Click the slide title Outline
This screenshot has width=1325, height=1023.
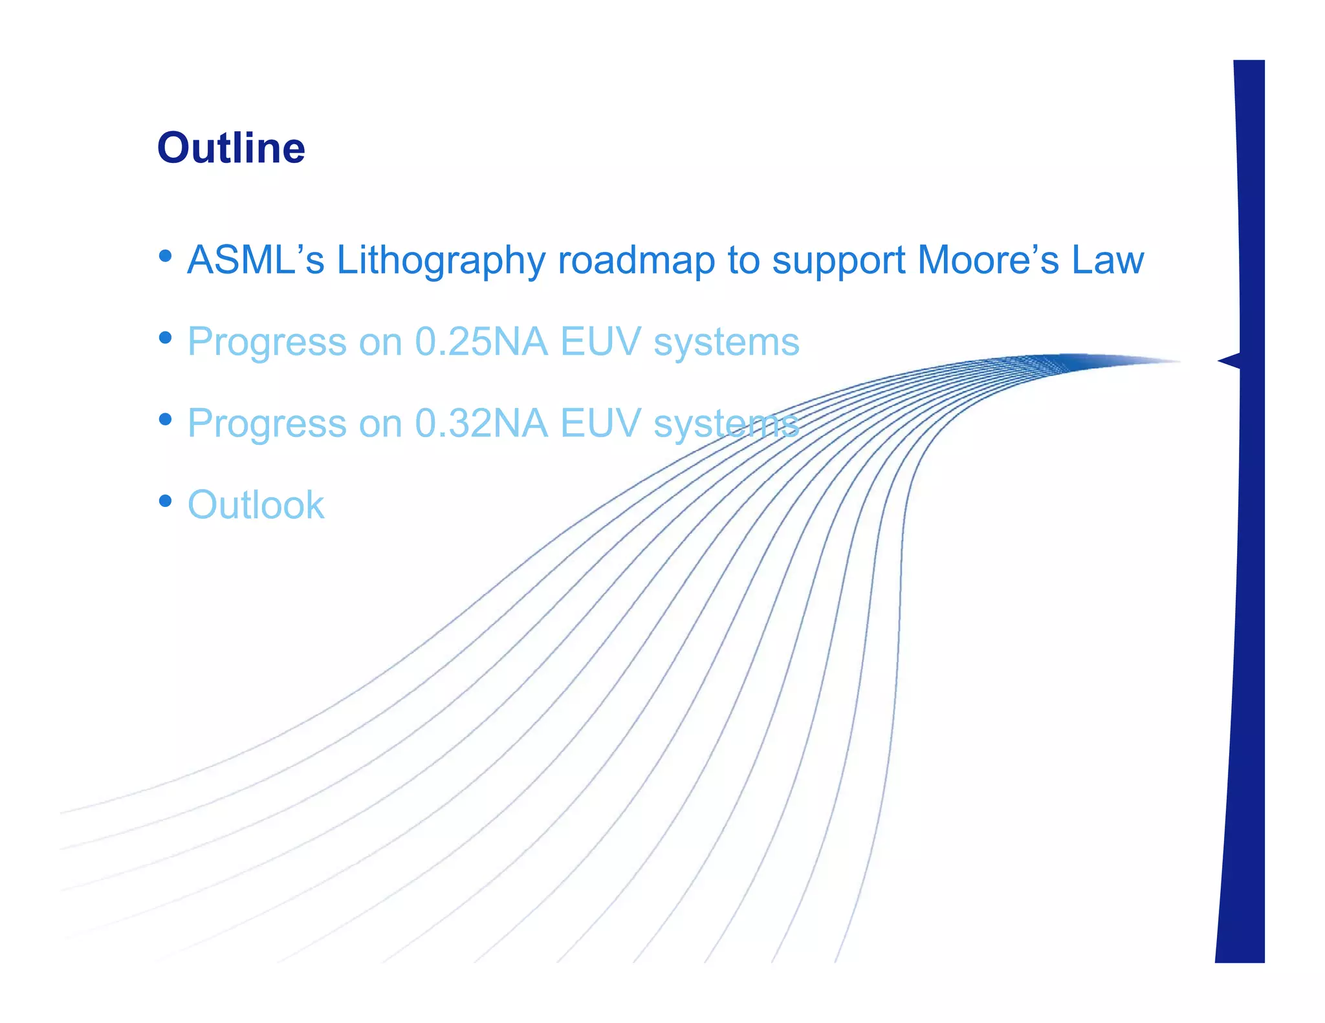[231, 148]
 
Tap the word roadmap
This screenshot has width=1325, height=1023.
[636, 260]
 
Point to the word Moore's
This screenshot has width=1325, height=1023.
[988, 260]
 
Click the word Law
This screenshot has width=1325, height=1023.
[1108, 260]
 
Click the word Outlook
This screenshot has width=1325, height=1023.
[256, 504]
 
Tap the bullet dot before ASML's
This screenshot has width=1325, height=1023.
[165, 256]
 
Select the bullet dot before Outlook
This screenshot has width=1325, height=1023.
[165, 501]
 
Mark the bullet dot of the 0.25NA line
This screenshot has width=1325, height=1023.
[165, 338]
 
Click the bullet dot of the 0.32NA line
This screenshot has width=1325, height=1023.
[165, 419]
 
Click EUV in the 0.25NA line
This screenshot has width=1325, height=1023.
[600, 341]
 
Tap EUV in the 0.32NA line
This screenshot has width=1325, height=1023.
[600, 423]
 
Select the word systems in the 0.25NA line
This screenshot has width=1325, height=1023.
[727, 343]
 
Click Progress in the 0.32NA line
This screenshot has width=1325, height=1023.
[267, 424]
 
